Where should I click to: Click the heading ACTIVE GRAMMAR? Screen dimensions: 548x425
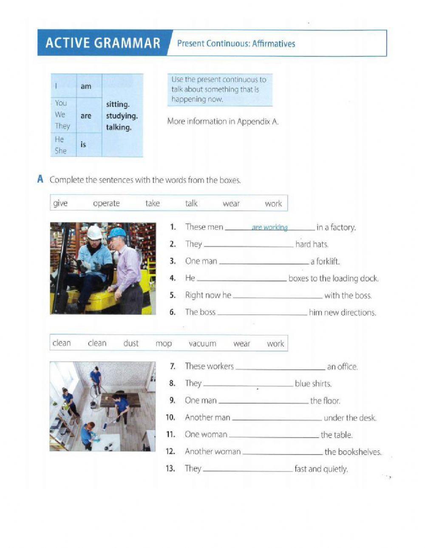point(103,43)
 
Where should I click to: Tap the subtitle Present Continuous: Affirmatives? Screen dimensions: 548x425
point(236,43)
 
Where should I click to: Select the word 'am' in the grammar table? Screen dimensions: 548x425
point(86,86)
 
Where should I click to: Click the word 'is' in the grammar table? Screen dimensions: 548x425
point(83,145)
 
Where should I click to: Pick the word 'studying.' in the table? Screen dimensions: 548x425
point(122,116)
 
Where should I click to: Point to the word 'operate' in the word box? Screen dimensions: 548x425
point(106,203)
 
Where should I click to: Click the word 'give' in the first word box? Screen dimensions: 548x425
point(60,203)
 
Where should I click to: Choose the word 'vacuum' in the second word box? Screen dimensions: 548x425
point(202,343)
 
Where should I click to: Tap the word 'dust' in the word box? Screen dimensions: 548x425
point(131,343)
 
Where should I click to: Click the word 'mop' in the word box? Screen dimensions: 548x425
point(164,343)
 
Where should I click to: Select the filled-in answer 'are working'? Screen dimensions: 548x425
point(269,228)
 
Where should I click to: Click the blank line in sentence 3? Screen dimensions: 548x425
point(263,263)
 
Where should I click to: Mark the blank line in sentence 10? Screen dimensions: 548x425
point(277,419)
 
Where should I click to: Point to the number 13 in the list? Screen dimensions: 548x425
point(170,469)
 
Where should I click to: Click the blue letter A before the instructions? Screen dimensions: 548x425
point(40,179)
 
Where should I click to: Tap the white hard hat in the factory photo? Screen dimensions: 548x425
point(94,232)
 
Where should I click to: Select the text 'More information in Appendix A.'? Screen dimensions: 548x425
point(223,121)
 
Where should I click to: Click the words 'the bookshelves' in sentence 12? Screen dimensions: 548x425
point(352,452)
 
